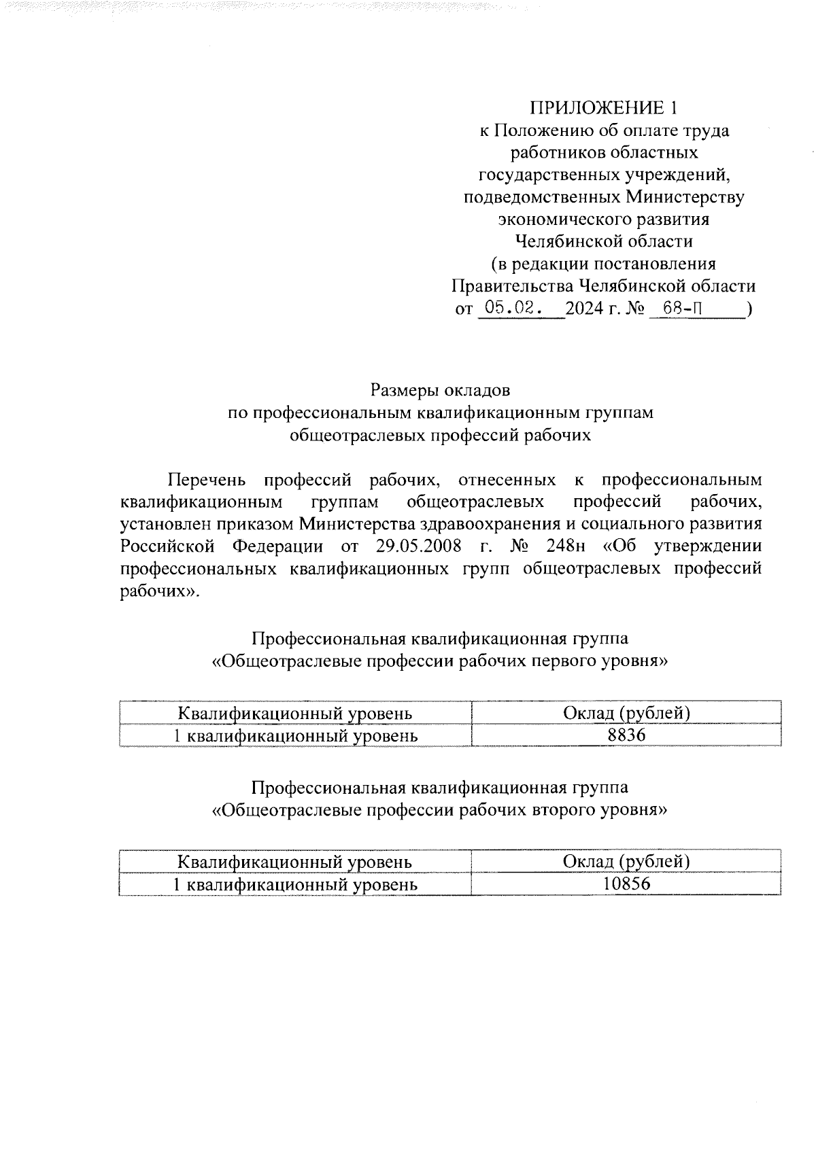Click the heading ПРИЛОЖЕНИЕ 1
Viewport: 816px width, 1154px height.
[x=603, y=108]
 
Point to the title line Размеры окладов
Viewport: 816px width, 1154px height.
[x=440, y=391]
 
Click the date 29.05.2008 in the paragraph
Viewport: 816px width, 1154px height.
[x=419, y=546]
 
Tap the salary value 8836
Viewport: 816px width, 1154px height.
[x=626, y=736]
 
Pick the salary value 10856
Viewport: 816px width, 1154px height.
[x=626, y=884]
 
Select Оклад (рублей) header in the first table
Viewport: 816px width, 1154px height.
[x=626, y=713]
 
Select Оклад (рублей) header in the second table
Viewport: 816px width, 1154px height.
[x=626, y=862]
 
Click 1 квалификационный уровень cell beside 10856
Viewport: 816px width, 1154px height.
[x=295, y=884]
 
